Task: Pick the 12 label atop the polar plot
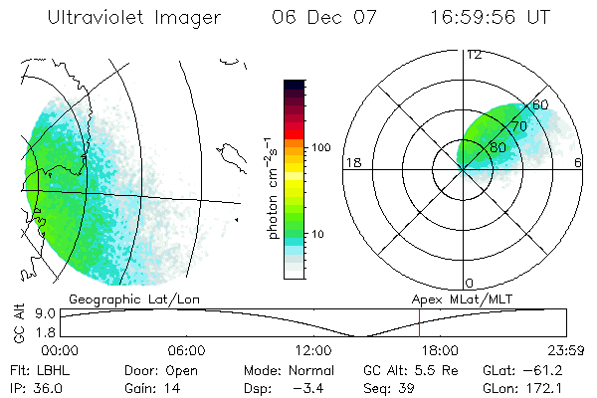[475, 54]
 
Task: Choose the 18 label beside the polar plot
[351, 162]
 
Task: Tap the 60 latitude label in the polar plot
[540, 104]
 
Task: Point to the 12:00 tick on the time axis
[313, 350]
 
